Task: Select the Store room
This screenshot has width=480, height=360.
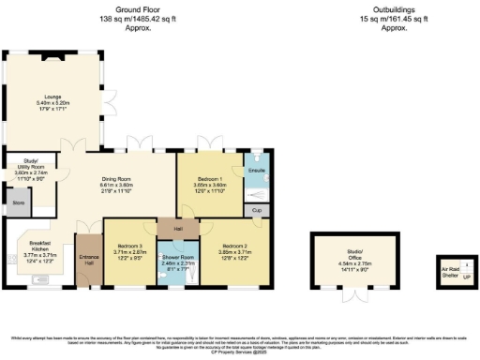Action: (17, 202)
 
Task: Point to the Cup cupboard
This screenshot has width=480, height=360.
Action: (257, 211)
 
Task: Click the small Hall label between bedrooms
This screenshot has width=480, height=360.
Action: (178, 228)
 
